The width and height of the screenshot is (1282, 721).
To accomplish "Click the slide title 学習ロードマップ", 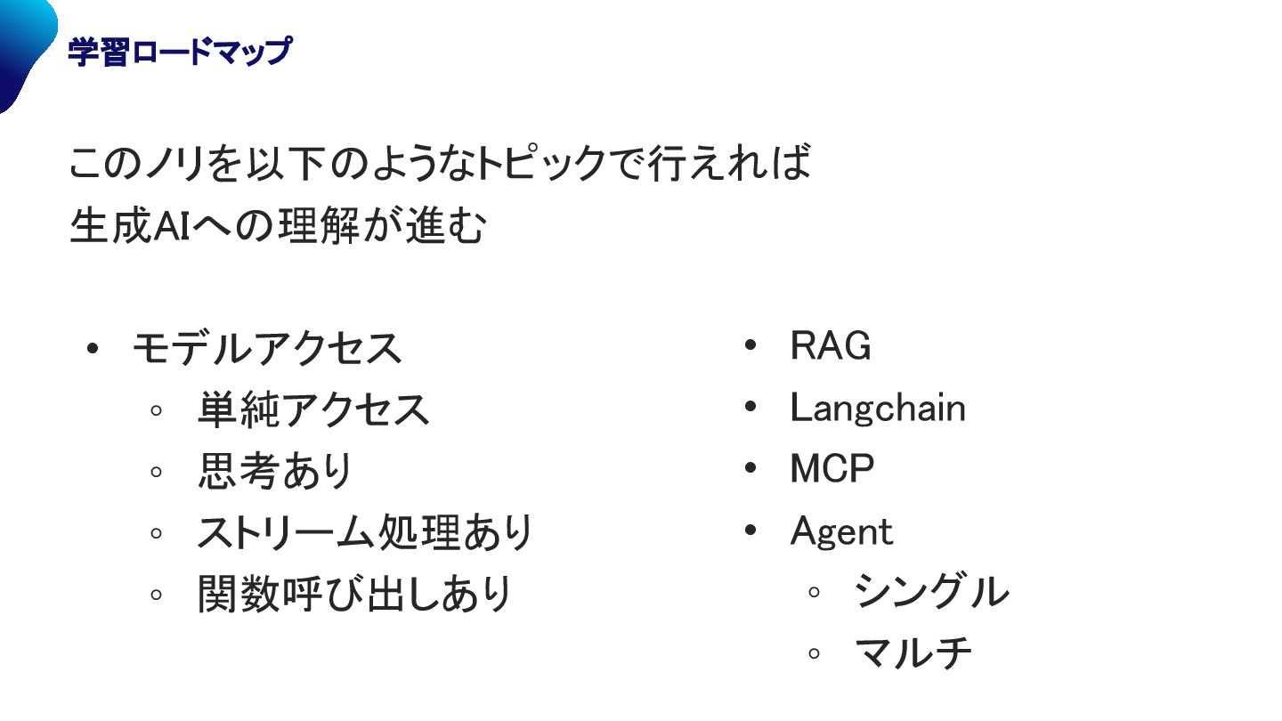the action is click(x=179, y=53).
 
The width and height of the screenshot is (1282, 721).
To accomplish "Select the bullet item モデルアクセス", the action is click(x=267, y=348).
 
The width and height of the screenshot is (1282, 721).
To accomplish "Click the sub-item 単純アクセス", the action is click(x=313, y=409).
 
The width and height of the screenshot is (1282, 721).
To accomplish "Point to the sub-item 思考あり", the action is click(x=275, y=472).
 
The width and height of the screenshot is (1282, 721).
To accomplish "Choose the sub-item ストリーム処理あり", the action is click(x=364, y=533).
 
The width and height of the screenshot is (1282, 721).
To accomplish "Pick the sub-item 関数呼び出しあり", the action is click(x=354, y=594).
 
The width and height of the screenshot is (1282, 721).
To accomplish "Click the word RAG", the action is click(x=830, y=346).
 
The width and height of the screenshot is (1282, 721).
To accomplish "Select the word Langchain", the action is click(x=877, y=409).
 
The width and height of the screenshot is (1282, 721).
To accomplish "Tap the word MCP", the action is click(x=832, y=469).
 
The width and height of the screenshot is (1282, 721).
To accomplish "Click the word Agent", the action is click(x=840, y=532).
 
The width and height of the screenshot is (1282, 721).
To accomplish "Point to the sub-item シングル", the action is click(x=931, y=592).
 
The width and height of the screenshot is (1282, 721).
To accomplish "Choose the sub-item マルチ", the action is click(x=913, y=653).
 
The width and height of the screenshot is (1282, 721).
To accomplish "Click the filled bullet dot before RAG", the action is click(x=750, y=345).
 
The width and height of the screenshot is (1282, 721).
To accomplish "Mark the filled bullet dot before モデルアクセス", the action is click(x=92, y=348).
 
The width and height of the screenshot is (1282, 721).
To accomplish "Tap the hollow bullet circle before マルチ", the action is click(x=814, y=653).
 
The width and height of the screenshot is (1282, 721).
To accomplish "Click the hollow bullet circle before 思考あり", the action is click(x=157, y=472).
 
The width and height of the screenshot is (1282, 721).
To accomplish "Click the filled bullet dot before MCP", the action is click(x=750, y=468).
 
